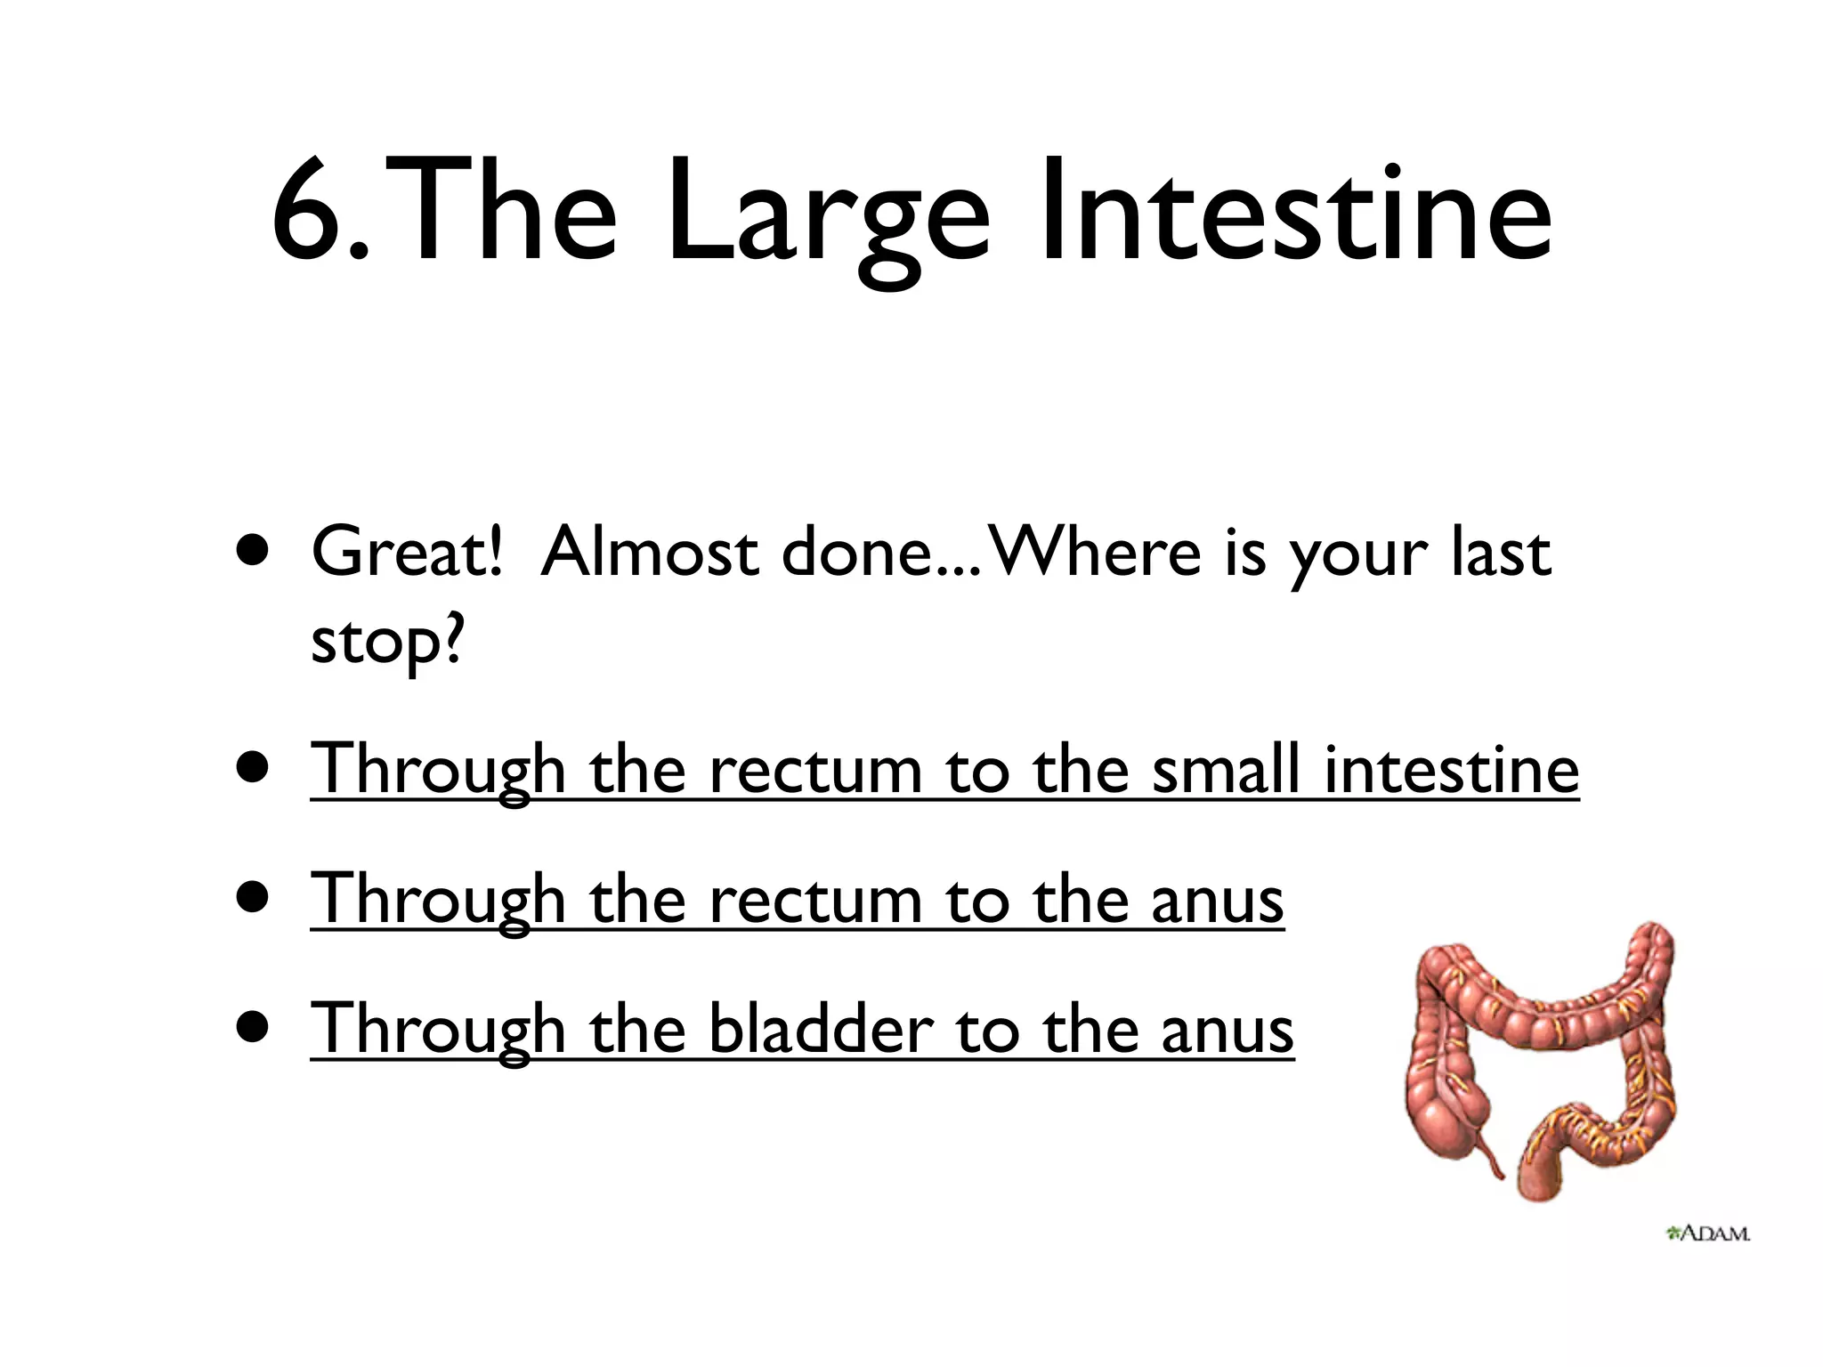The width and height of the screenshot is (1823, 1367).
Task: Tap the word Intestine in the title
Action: [x=1295, y=214]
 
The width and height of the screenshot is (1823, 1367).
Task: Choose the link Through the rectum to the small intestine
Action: [x=944, y=769]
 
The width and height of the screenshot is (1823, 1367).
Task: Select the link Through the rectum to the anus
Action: [x=797, y=899]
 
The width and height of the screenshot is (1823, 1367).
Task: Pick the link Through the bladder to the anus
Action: [x=801, y=1029]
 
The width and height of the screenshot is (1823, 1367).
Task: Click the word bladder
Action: [x=821, y=1029]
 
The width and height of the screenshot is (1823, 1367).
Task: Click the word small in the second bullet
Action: [x=1225, y=769]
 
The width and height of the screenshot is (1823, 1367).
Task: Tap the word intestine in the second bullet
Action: [x=1451, y=769]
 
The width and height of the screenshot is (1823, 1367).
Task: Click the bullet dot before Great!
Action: [x=254, y=551]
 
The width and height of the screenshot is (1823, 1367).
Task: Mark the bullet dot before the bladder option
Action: [x=254, y=1028]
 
